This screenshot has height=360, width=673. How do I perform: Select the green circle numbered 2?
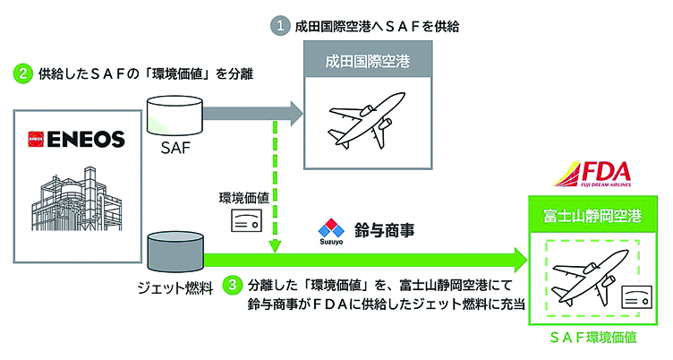[x=21, y=73]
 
